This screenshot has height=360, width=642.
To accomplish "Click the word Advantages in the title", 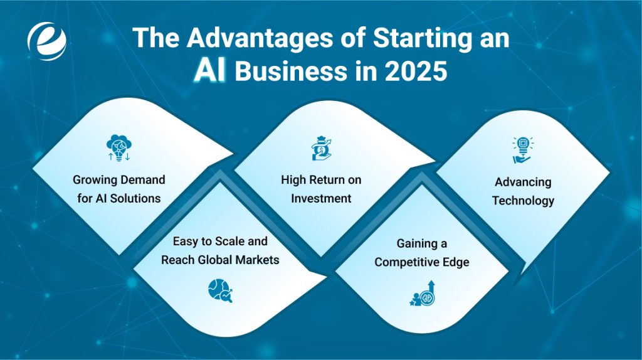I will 247,39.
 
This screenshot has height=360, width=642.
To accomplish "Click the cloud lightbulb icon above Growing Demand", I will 118,149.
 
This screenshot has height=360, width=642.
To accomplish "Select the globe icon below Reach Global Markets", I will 220,290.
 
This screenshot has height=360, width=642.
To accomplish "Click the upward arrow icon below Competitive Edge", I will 421,292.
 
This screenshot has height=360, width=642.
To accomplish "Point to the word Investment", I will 321,198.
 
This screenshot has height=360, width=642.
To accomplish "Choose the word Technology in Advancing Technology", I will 523,201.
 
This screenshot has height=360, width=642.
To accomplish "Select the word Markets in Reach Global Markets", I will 256,259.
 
